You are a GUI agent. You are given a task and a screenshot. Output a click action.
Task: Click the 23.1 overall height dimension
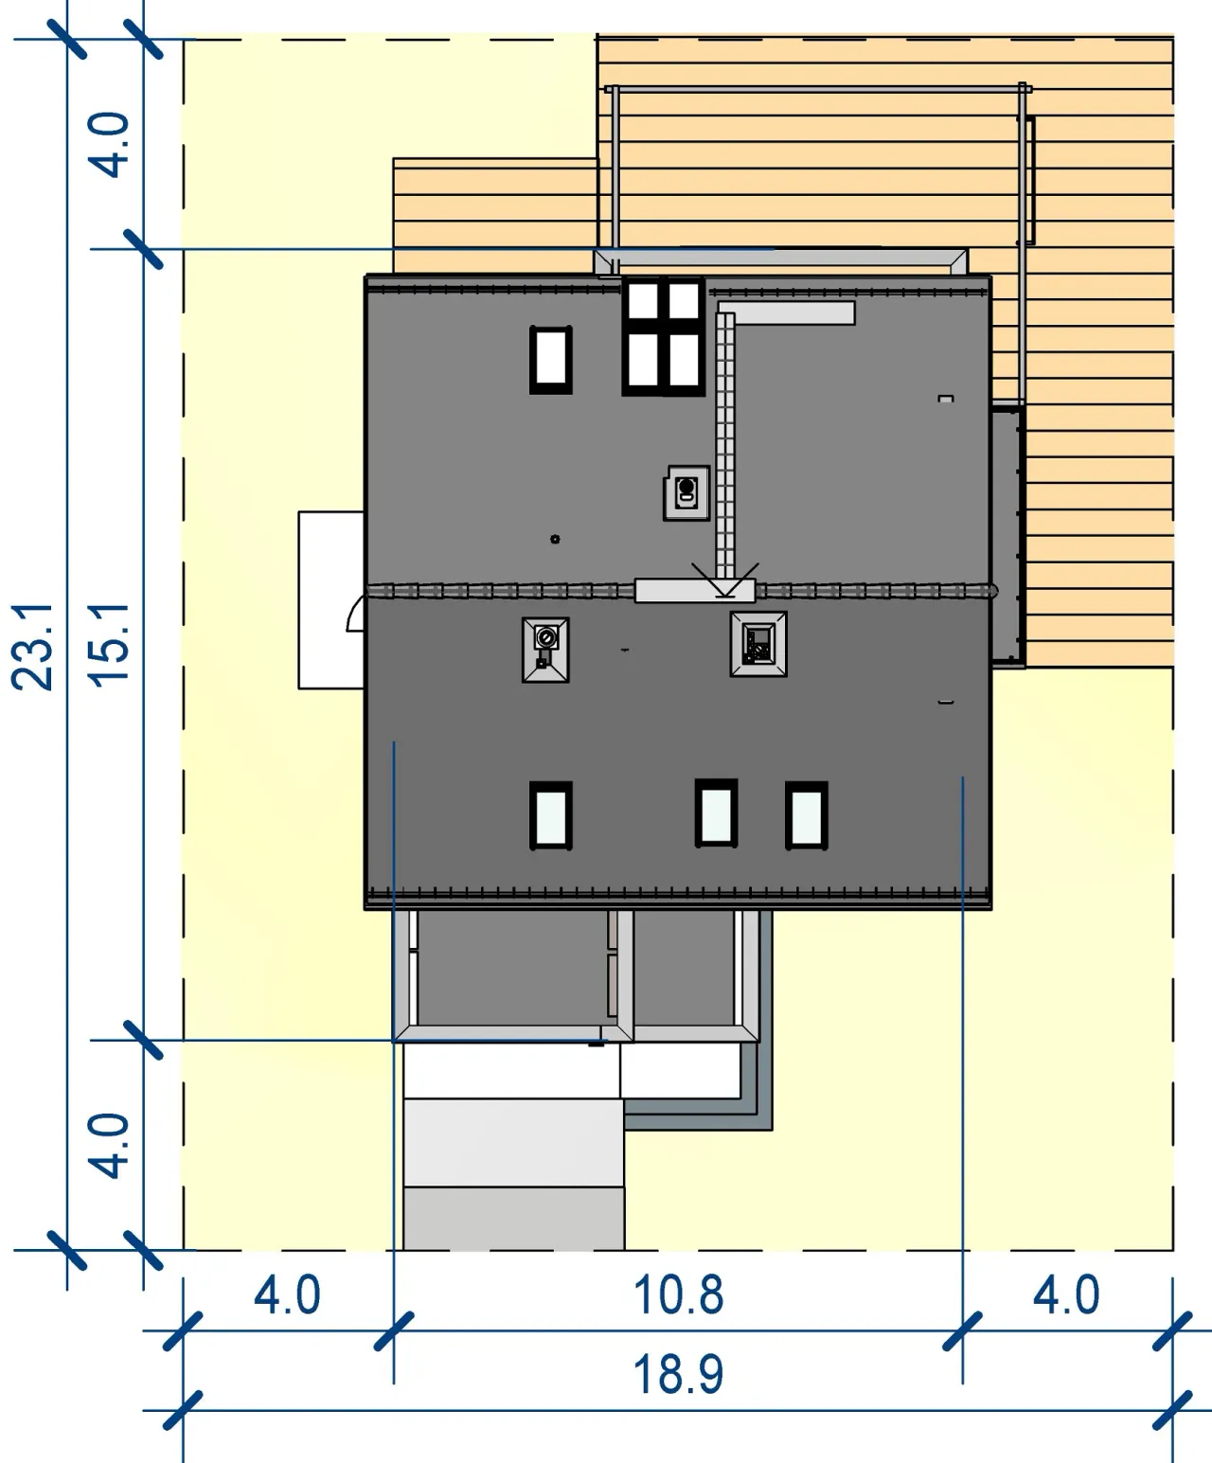pos(32,647)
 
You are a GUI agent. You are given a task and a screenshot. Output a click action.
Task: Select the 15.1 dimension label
pos(109,645)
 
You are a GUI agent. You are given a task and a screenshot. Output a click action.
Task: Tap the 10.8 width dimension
pos(677,1294)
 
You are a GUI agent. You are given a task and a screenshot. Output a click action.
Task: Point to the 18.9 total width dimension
pos(677,1374)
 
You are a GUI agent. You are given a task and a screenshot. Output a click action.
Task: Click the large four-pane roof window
pos(663,337)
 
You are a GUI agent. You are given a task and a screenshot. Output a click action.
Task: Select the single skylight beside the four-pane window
pos(551,360)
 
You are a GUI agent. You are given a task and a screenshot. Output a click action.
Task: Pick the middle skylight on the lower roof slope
pos(716,812)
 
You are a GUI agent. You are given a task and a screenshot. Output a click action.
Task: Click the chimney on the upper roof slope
pos(686,493)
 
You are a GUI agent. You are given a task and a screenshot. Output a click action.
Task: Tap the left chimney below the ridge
pos(545,650)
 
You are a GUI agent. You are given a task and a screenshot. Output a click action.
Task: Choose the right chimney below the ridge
pos(758,644)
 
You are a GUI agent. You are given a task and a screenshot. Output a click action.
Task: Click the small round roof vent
pos(555,539)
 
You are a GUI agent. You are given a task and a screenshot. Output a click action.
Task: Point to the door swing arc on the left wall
pos(353,612)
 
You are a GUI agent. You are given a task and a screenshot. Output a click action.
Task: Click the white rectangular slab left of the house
pos(330,599)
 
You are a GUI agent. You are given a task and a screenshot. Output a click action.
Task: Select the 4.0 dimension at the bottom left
pos(287,1295)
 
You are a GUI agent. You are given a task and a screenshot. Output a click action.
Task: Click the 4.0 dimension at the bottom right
pos(1066,1295)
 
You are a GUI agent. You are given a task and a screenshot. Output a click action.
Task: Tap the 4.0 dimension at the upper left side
pos(109,144)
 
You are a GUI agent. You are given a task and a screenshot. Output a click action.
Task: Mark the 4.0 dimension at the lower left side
pos(109,1146)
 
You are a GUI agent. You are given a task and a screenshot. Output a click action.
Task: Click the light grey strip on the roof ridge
pos(695,591)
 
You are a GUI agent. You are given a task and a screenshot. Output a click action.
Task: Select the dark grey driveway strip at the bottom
pos(513,1219)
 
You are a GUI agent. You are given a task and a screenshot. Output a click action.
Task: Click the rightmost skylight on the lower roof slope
pos(807,815)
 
